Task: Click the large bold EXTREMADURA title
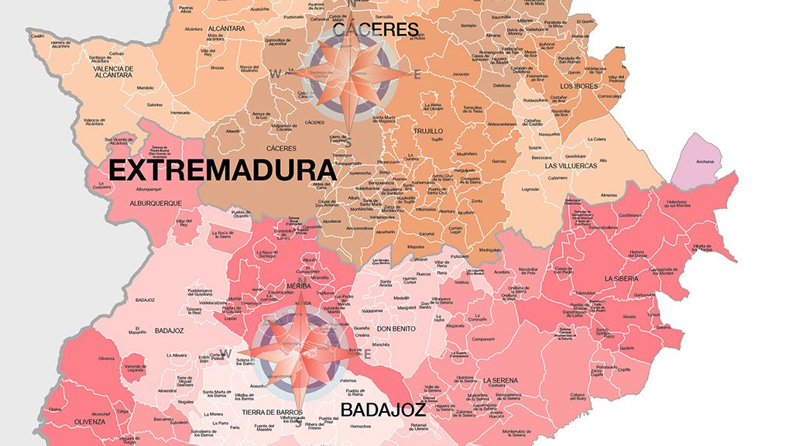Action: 221,170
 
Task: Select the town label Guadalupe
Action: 574,155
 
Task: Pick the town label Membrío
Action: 145,87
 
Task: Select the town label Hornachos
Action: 362,426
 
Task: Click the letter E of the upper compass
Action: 417,75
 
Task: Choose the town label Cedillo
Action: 38,36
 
